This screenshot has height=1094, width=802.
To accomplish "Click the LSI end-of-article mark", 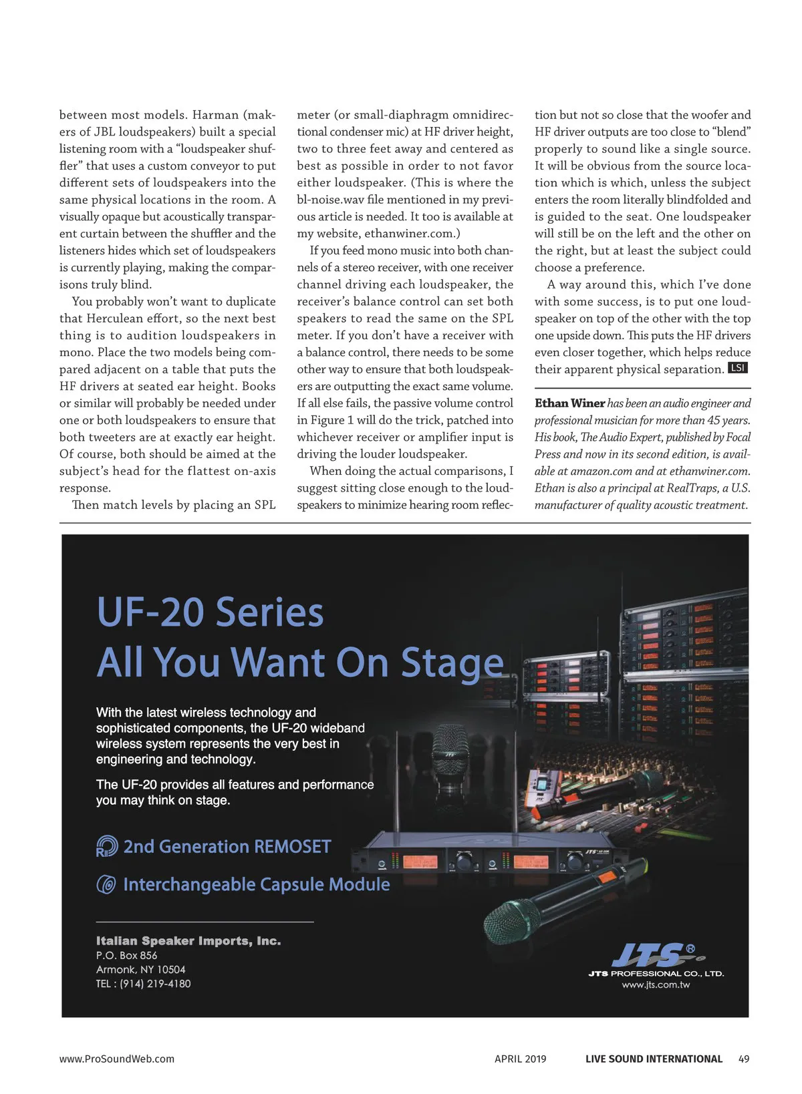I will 737,368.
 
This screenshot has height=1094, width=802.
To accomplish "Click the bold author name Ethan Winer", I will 569,403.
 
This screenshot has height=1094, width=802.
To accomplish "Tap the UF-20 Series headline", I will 210,612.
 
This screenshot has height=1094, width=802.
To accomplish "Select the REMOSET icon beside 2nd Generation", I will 107,846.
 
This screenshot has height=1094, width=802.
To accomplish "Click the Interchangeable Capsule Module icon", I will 107,884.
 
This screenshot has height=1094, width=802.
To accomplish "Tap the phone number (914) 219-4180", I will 155,984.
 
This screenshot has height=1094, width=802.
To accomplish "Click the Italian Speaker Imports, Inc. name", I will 188,941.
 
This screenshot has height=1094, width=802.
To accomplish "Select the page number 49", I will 744,1059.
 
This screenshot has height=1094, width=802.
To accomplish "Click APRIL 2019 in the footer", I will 520,1059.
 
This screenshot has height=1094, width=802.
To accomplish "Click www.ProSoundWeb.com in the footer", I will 117,1059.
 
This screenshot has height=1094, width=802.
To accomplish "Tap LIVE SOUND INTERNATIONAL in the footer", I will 654,1059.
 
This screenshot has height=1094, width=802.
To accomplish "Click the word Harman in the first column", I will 215,115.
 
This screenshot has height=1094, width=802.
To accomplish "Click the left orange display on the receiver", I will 420,862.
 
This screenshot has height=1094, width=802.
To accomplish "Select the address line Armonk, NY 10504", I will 141,970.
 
